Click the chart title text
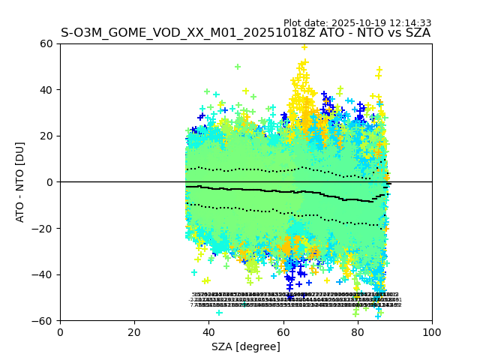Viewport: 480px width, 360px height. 245,33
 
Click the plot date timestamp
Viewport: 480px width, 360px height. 357,23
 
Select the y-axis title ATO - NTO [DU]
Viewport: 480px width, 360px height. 21,181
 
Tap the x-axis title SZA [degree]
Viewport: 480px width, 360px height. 245,346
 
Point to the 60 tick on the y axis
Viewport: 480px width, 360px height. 47,43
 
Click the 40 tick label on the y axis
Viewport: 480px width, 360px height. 47,90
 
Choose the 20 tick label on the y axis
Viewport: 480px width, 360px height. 47,136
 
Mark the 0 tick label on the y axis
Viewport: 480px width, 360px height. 50,182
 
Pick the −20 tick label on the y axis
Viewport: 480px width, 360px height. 44,228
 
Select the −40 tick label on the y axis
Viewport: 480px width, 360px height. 44,274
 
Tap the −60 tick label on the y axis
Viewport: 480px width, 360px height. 44,320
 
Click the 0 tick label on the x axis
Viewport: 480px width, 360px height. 60,331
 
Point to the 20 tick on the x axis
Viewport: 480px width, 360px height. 134,331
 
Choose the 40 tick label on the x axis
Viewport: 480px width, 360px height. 208,331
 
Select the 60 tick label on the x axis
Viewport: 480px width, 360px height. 283,331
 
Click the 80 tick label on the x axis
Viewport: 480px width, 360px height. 357,331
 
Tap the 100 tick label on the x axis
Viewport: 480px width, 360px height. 431,331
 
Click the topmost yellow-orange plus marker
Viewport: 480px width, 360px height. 304,47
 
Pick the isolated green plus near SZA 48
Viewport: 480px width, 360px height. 238,67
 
